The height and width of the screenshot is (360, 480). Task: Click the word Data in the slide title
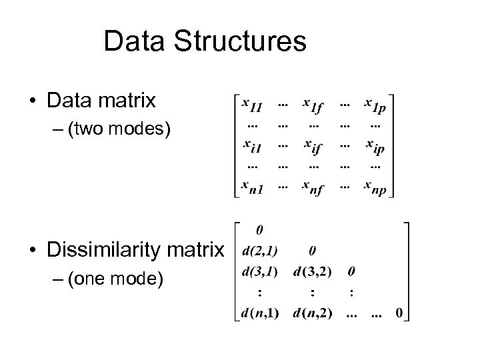point(133,41)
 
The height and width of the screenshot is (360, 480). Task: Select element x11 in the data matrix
point(253,104)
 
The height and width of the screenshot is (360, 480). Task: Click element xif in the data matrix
point(313,145)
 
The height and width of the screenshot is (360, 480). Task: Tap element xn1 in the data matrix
point(253,186)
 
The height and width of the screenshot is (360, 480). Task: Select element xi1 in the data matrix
point(253,145)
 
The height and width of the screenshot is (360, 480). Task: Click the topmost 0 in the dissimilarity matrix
point(259,230)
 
